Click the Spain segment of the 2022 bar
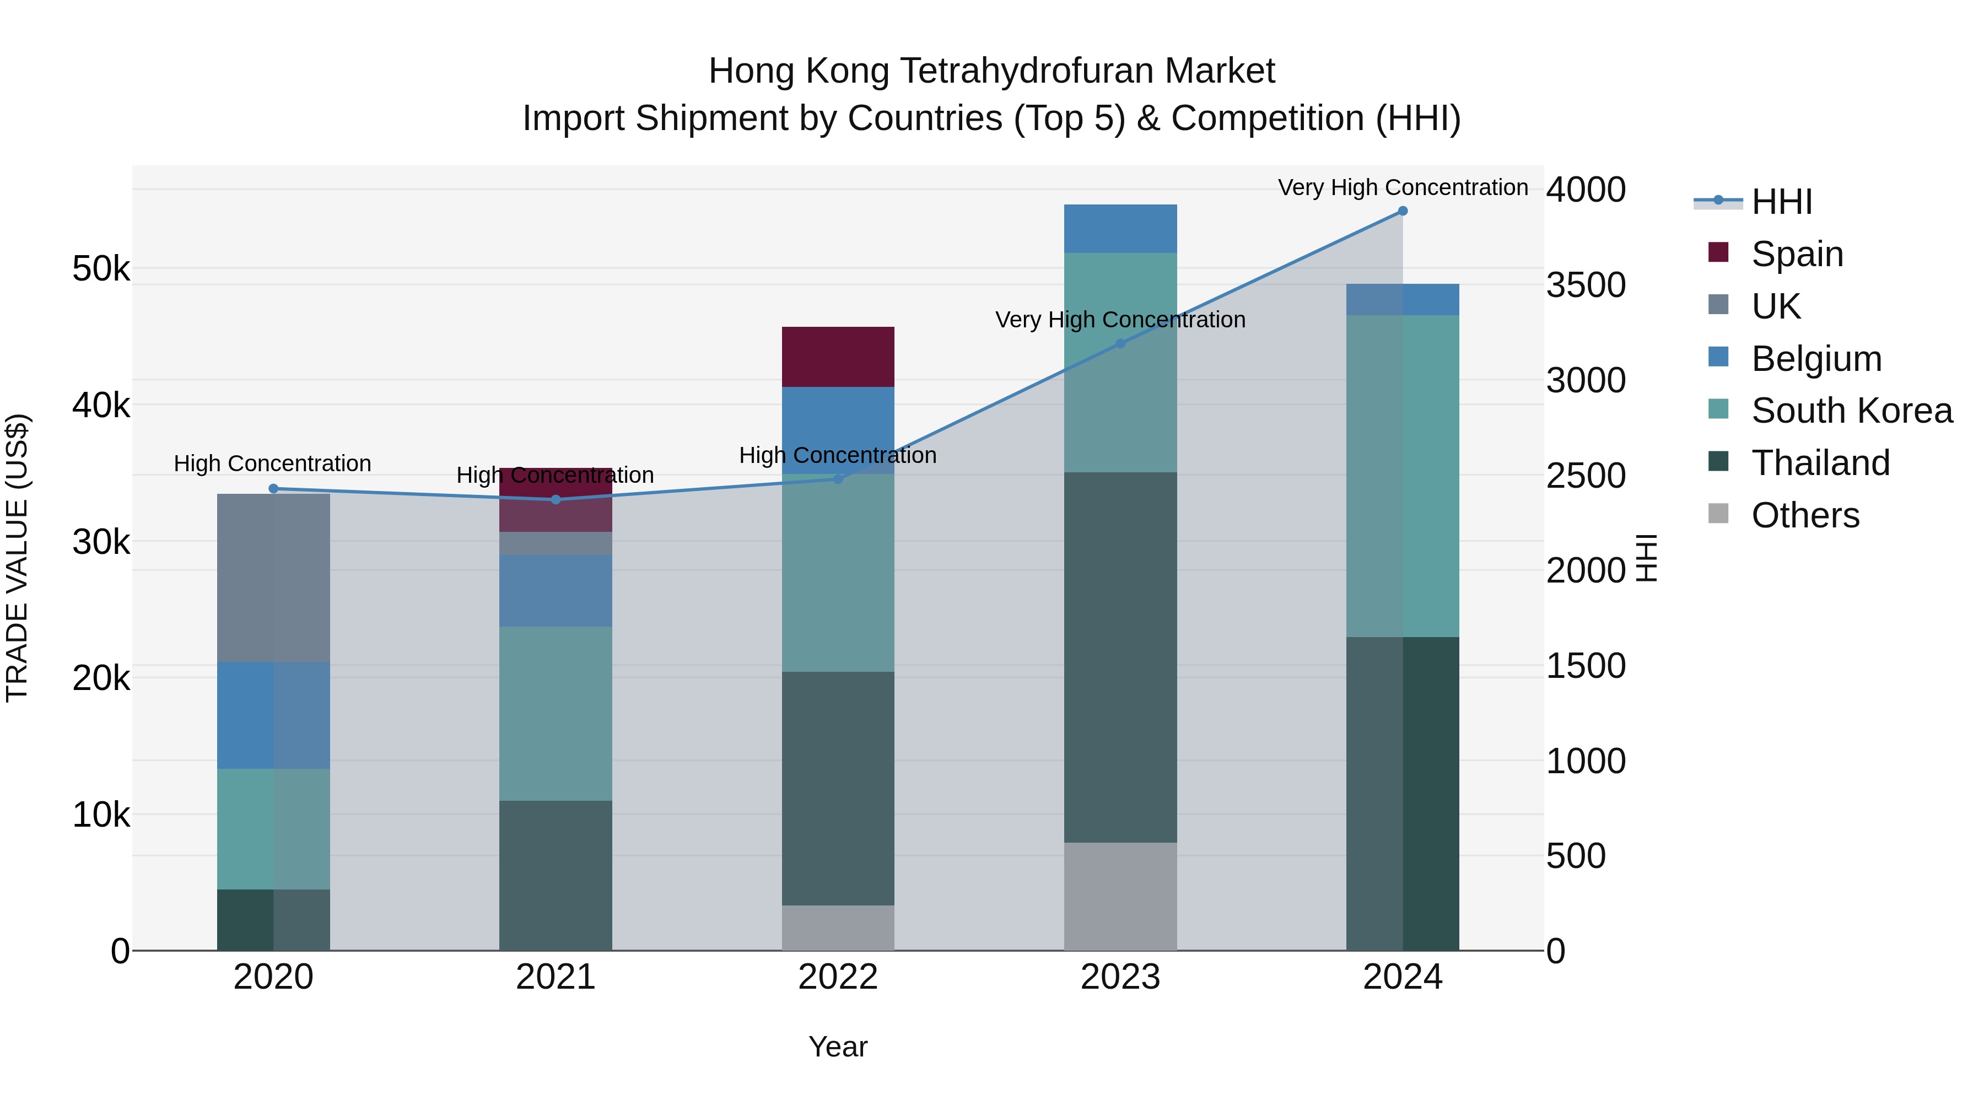click(838, 357)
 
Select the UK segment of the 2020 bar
click(273, 578)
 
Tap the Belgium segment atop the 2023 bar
click(1120, 229)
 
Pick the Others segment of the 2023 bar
click(1120, 896)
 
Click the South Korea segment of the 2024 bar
click(1403, 476)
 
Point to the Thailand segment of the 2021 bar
click(556, 875)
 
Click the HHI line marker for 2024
click(1403, 211)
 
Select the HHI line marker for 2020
click(273, 488)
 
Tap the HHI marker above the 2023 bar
click(1120, 343)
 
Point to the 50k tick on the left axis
click(101, 269)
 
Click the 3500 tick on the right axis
click(1586, 285)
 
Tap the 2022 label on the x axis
click(838, 977)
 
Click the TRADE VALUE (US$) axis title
click(17, 558)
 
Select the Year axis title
click(838, 1047)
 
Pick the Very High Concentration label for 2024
click(1403, 187)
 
